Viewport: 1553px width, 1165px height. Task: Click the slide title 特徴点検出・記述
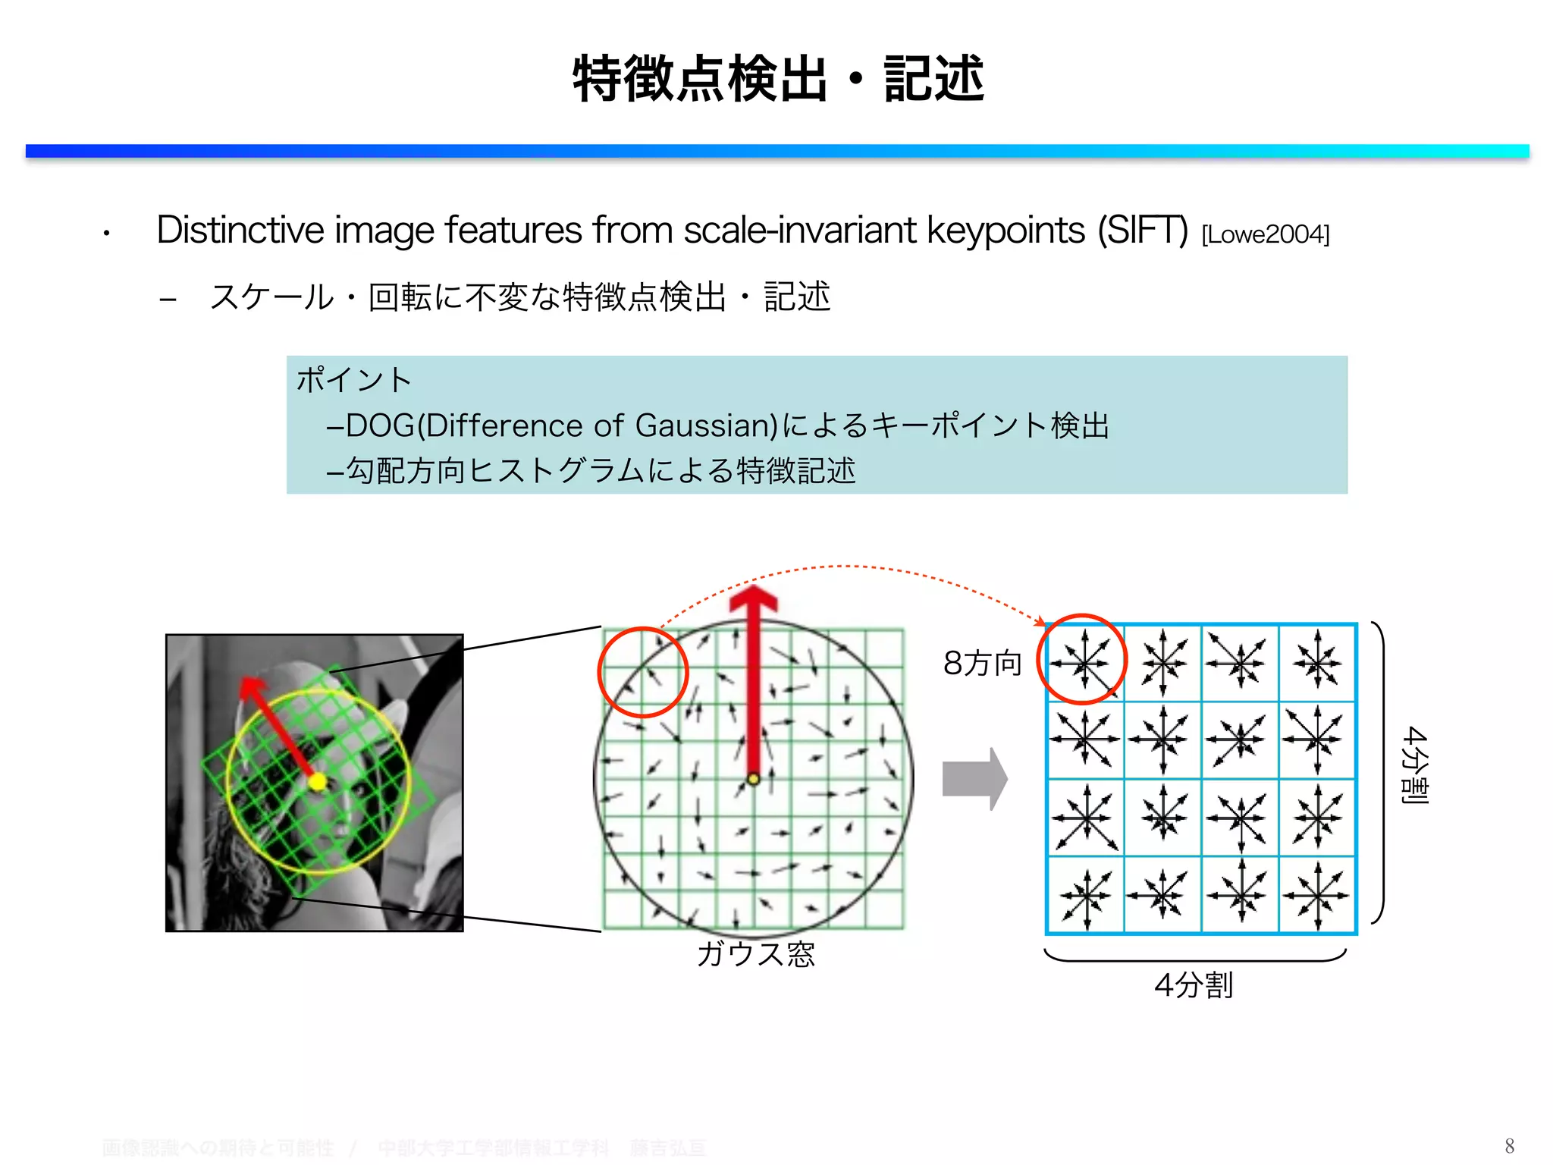pos(778,79)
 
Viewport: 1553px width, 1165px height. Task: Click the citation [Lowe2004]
pos(1265,234)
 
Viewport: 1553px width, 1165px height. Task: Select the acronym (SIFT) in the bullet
pos(1143,231)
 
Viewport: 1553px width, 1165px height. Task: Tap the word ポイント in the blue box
pos(353,379)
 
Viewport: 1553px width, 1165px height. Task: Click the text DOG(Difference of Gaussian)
pos(561,425)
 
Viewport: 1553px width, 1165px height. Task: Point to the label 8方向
pos(982,663)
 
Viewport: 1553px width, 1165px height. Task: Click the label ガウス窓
pos(755,953)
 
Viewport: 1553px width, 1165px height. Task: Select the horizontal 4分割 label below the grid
pos(1194,984)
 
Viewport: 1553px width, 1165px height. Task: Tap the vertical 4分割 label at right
pos(1415,765)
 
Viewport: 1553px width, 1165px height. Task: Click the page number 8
pos(1509,1145)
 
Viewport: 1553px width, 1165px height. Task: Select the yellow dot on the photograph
pos(318,781)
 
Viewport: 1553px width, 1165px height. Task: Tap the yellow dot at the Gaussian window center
pos(753,779)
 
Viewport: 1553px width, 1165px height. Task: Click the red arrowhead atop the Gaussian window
pos(753,599)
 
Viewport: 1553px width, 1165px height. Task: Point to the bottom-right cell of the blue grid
pos(1317,895)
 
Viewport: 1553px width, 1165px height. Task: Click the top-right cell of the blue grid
pos(1317,663)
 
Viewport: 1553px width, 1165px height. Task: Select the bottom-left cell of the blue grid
pos(1085,895)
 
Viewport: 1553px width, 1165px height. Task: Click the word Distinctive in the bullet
pos(240,231)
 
